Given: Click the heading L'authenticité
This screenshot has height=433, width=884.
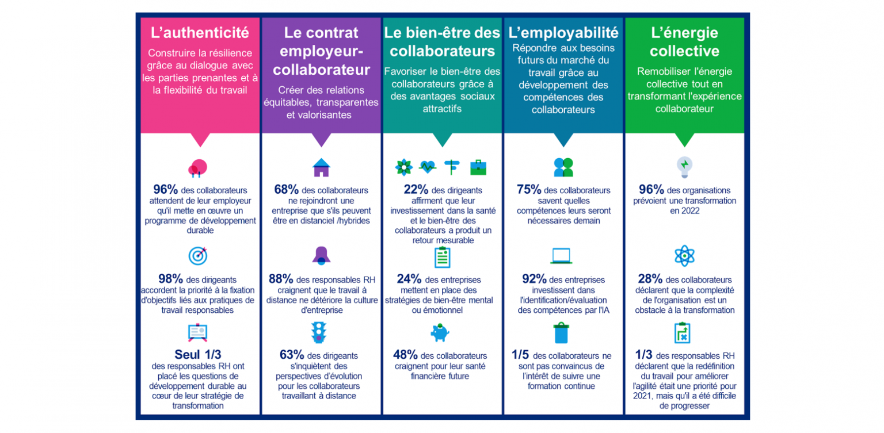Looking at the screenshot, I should point(200,33).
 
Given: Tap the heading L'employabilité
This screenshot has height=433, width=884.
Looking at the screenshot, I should point(563,32).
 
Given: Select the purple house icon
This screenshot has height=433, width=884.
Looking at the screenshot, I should point(321,167).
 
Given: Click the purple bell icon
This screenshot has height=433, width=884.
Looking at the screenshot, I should point(321,255).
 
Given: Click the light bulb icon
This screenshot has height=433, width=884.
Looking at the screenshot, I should point(684,166).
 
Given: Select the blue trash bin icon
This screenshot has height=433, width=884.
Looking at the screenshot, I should point(561,333).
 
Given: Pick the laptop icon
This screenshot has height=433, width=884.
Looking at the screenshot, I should point(561,255).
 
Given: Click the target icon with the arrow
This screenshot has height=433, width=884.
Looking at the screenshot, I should point(198,255).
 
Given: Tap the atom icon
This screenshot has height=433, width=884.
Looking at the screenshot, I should point(684,255).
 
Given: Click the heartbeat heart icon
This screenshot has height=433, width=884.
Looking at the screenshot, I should point(428,167).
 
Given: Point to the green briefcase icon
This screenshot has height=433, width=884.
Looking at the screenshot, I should point(478,167).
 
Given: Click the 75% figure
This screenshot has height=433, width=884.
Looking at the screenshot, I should point(529,190).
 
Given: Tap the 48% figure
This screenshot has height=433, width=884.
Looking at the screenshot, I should point(405,355).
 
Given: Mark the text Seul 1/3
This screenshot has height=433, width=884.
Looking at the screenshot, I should point(197,355).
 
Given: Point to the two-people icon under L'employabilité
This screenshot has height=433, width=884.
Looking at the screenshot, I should point(563,167).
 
